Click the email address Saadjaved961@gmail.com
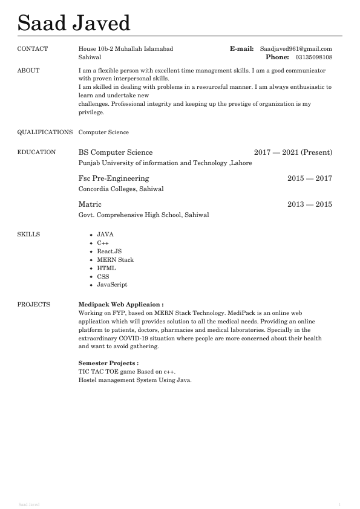(x=296, y=49)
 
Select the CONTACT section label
(x=33, y=49)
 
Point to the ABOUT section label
(x=28, y=71)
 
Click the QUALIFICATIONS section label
(x=45, y=132)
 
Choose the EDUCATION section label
(x=36, y=152)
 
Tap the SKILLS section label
(x=28, y=234)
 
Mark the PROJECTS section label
(x=34, y=305)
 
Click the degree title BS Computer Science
(x=116, y=152)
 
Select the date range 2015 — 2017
(x=309, y=178)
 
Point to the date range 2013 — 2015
(x=309, y=204)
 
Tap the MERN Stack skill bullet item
(x=115, y=260)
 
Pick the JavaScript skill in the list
(x=112, y=285)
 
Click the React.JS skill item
(x=109, y=251)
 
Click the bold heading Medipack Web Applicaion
(x=121, y=305)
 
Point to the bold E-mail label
(x=241, y=49)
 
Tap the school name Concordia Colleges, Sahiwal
(x=121, y=189)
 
